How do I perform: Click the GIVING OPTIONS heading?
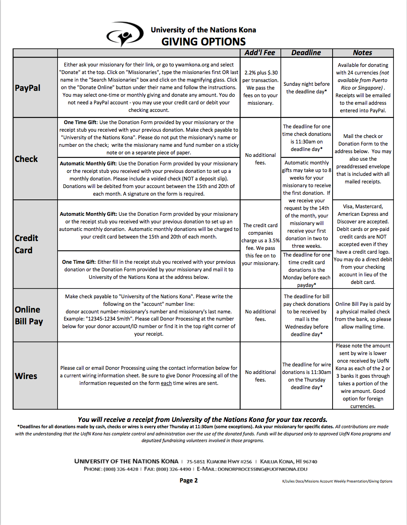[x=203, y=42]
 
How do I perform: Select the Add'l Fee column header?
[x=260, y=53]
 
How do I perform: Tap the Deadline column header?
[x=306, y=53]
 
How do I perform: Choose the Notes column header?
[x=362, y=53]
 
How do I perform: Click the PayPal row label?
[x=28, y=88]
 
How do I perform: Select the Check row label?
[x=26, y=159]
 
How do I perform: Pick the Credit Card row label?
[x=26, y=244]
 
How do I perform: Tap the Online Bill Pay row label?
[x=29, y=316]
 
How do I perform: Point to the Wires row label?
[x=26, y=376]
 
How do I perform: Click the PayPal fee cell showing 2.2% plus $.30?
[x=261, y=87]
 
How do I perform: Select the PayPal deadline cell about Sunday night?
[x=307, y=87]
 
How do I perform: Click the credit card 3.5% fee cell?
[x=261, y=244]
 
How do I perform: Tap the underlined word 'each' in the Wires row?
[x=166, y=383]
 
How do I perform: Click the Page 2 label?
[x=188, y=480]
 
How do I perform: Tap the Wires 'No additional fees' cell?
[x=261, y=376]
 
